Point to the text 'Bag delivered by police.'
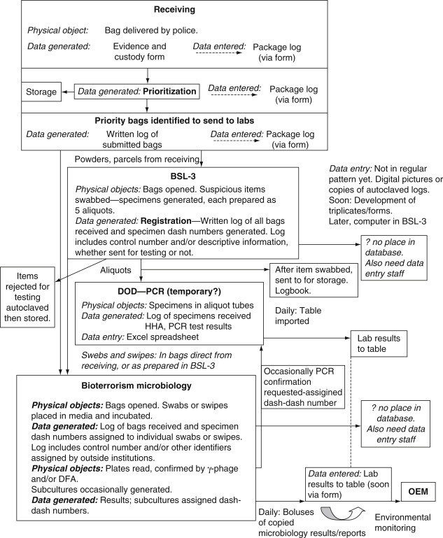point(158,31)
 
